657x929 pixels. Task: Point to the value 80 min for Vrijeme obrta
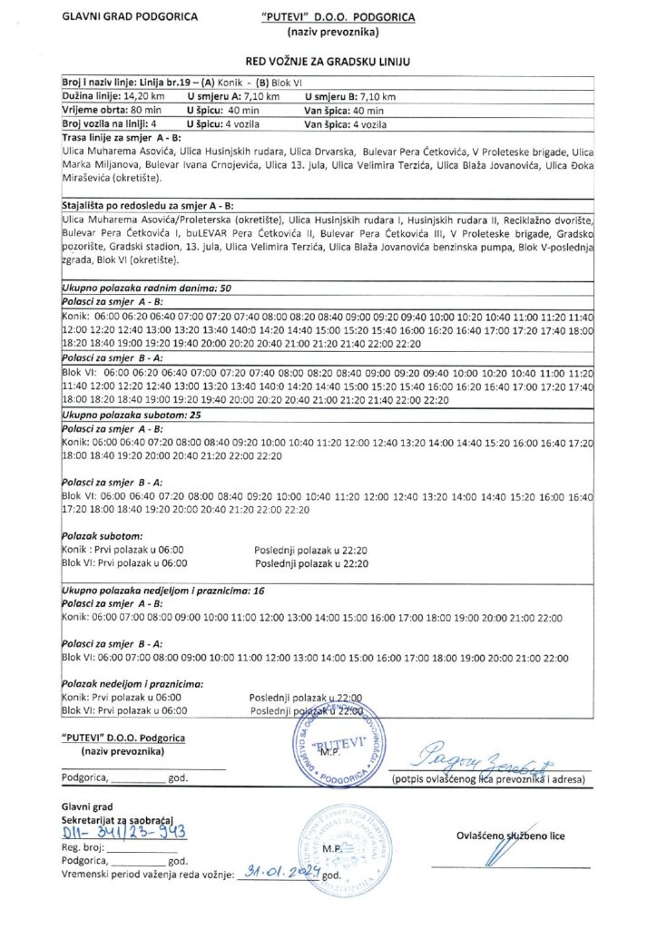point(135,109)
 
